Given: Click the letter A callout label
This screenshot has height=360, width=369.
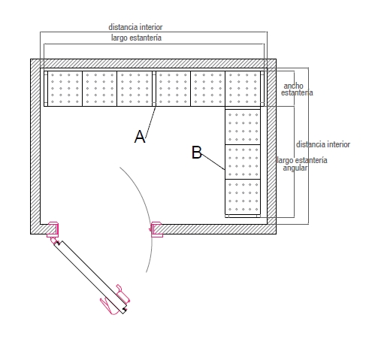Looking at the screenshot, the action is (x=140, y=137).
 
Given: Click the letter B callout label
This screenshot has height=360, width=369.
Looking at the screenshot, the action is (x=197, y=153).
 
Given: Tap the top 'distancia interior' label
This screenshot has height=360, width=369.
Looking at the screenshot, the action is (x=135, y=27).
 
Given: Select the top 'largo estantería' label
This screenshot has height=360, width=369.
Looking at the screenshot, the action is (x=136, y=38).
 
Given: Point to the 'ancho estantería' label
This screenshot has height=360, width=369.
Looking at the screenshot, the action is (x=297, y=89).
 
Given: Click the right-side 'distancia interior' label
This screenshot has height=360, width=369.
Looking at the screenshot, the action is (x=323, y=144).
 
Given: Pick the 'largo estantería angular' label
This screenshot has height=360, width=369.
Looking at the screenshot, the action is (x=302, y=164).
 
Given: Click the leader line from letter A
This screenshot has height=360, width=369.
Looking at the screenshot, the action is (x=150, y=122).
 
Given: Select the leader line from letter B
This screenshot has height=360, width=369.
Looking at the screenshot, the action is (x=213, y=162).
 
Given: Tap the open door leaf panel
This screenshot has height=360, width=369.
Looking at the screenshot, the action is (x=90, y=277).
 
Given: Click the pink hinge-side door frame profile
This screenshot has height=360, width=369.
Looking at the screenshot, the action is (x=53, y=229).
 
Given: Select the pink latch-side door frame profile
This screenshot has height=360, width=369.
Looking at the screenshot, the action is (x=156, y=229).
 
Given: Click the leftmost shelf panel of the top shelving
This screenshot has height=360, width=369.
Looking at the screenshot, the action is (x=65, y=89).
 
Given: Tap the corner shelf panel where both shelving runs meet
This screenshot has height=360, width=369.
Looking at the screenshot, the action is (x=243, y=89).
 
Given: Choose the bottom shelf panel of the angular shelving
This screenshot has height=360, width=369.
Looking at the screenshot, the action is (x=243, y=197).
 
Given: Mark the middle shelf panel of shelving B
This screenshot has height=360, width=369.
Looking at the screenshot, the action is (x=243, y=162).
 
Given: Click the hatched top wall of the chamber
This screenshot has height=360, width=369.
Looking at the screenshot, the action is (x=153, y=63).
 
